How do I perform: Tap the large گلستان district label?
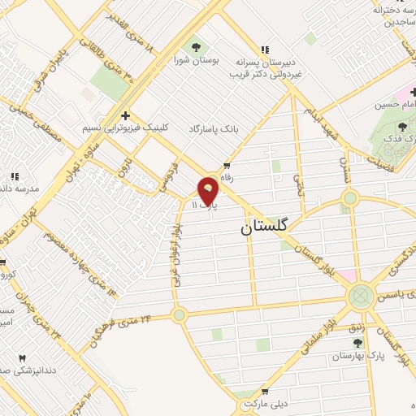[265, 228]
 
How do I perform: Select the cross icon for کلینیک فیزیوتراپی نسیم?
[125, 115]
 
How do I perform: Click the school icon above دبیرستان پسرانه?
[264, 50]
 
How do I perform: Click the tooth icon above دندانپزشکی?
[22, 358]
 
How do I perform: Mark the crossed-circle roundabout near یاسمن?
[360, 297]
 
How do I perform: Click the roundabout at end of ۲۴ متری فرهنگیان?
[179, 315]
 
